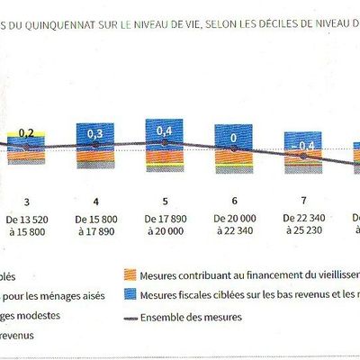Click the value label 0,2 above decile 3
click(26, 133)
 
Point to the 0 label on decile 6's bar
click(234, 138)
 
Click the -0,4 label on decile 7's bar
click(304, 146)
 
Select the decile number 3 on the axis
click(26, 202)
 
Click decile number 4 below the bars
click(95, 202)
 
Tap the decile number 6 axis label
click(234, 202)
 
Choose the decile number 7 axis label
click(303, 202)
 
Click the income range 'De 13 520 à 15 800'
click(26, 224)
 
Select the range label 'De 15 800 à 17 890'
click(95, 224)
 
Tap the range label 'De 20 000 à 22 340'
click(234, 224)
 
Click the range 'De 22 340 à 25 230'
click(303, 224)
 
